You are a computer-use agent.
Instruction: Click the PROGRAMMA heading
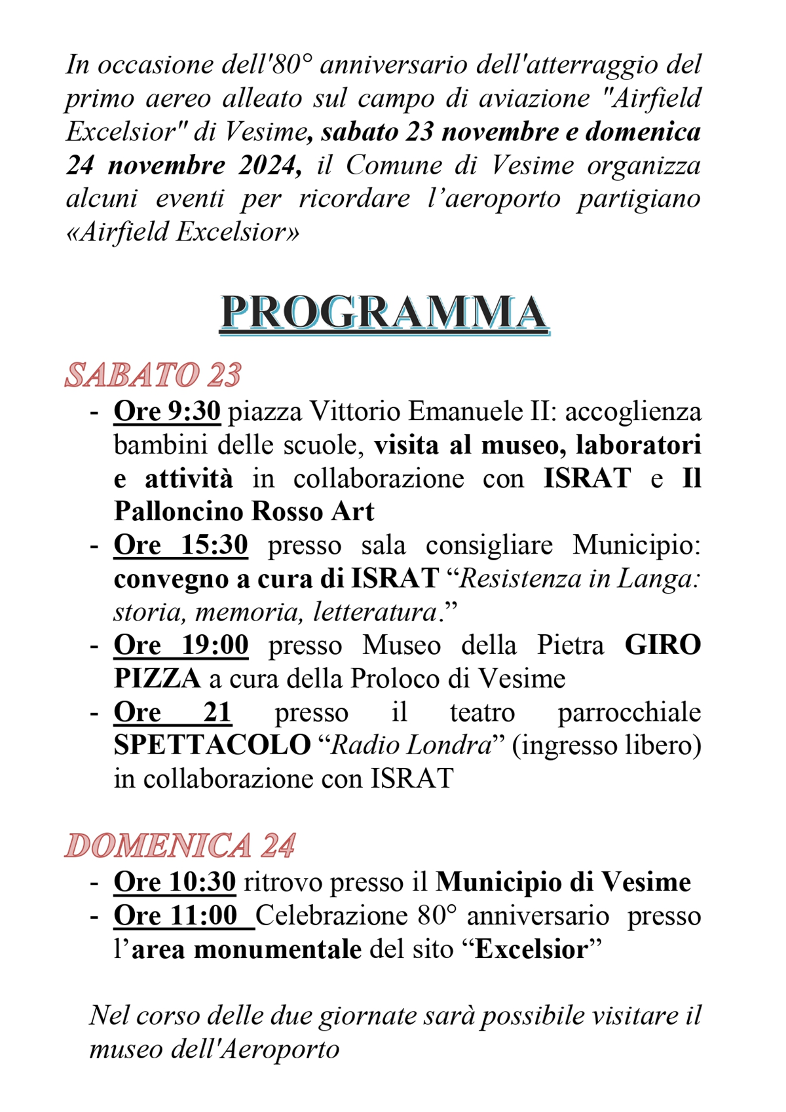point(384,313)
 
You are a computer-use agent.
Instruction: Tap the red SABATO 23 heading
point(153,375)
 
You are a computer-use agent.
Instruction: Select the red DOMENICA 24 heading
point(180,845)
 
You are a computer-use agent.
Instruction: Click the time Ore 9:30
point(167,412)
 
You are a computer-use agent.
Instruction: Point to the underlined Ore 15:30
point(181,545)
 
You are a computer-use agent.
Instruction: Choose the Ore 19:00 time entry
point(181,645)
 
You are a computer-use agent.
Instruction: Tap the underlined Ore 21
point(172,712)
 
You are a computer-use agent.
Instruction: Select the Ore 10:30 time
point(174,882)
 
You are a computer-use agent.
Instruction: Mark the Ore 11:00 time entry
point(176,915)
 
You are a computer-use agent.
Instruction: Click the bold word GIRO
point(662,645)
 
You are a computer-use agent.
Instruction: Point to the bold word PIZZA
point(157,679)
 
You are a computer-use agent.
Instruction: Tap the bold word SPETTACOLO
point(212,746)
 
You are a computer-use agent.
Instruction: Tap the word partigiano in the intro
point(639,199)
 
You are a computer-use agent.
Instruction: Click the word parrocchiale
point(629,712)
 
